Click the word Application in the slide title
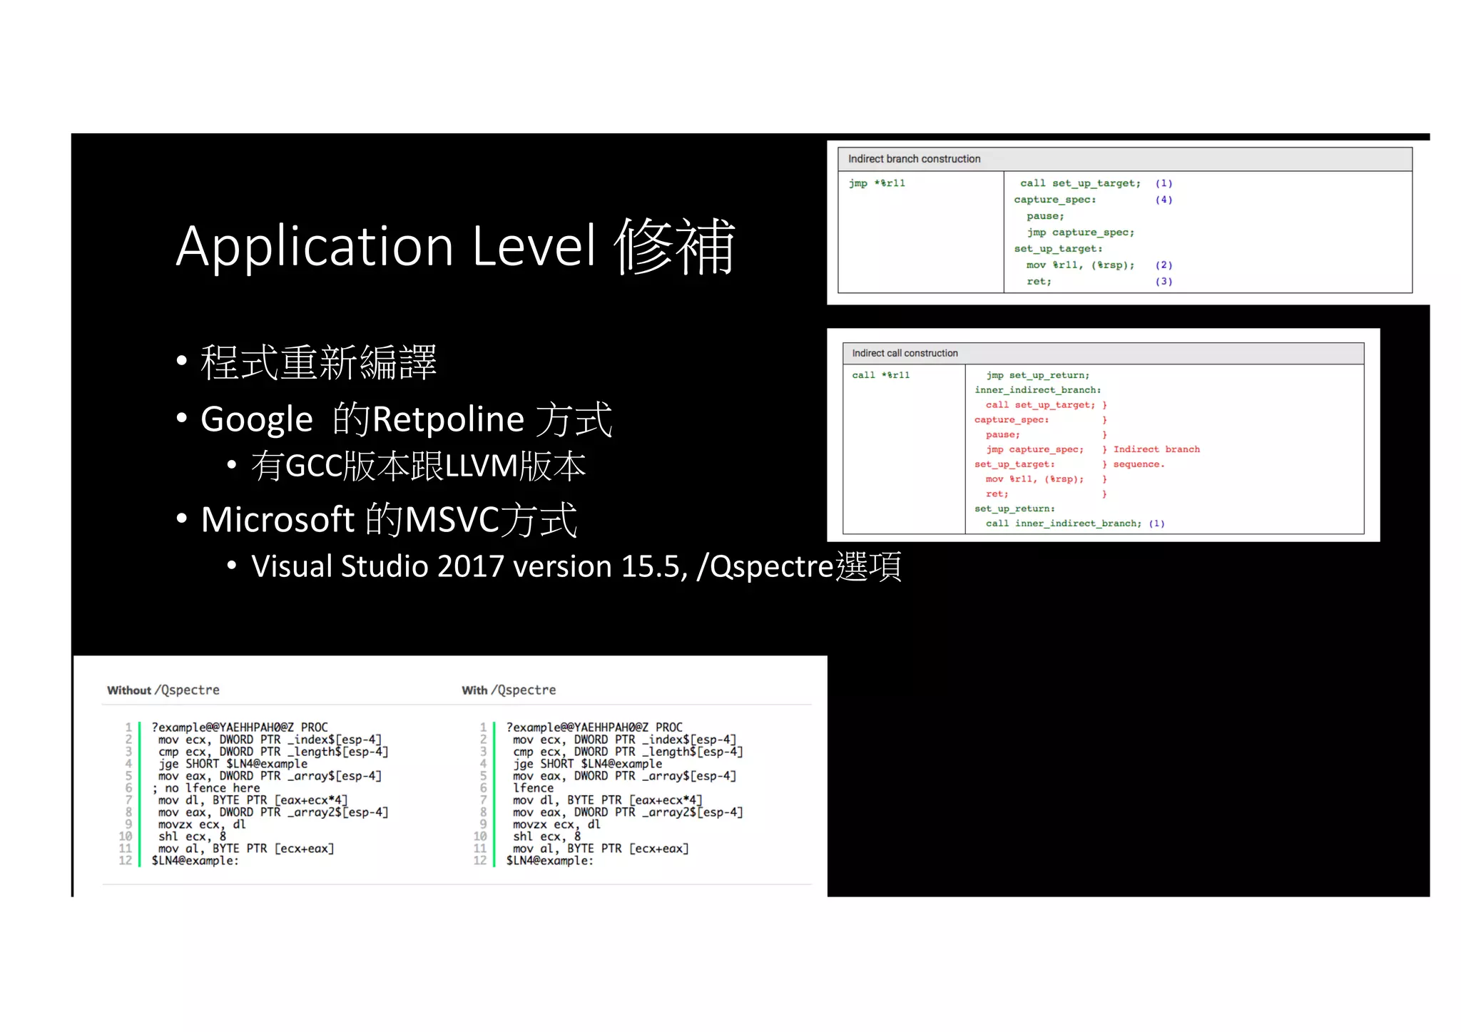pos(315,247)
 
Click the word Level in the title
pos(533,247)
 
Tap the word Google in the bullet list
pos(256,419)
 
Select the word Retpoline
pos(448,419)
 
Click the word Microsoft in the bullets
pos(278,519)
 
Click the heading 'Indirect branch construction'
pos(914,159)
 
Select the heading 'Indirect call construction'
pos(905,353)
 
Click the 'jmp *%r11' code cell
pos(877,183)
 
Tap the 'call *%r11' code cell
pos(880,375)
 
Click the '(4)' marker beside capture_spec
pos(1164,200)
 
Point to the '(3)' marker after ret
pos(1164,282)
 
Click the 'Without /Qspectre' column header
pos(163,690)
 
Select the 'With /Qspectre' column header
pos(509,690)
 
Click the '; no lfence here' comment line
pos(206,788)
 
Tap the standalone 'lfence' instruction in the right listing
pos(533,788)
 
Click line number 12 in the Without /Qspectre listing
pos(126,861)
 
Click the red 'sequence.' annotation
pos(1139,464)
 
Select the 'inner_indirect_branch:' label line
pos(1037,390)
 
